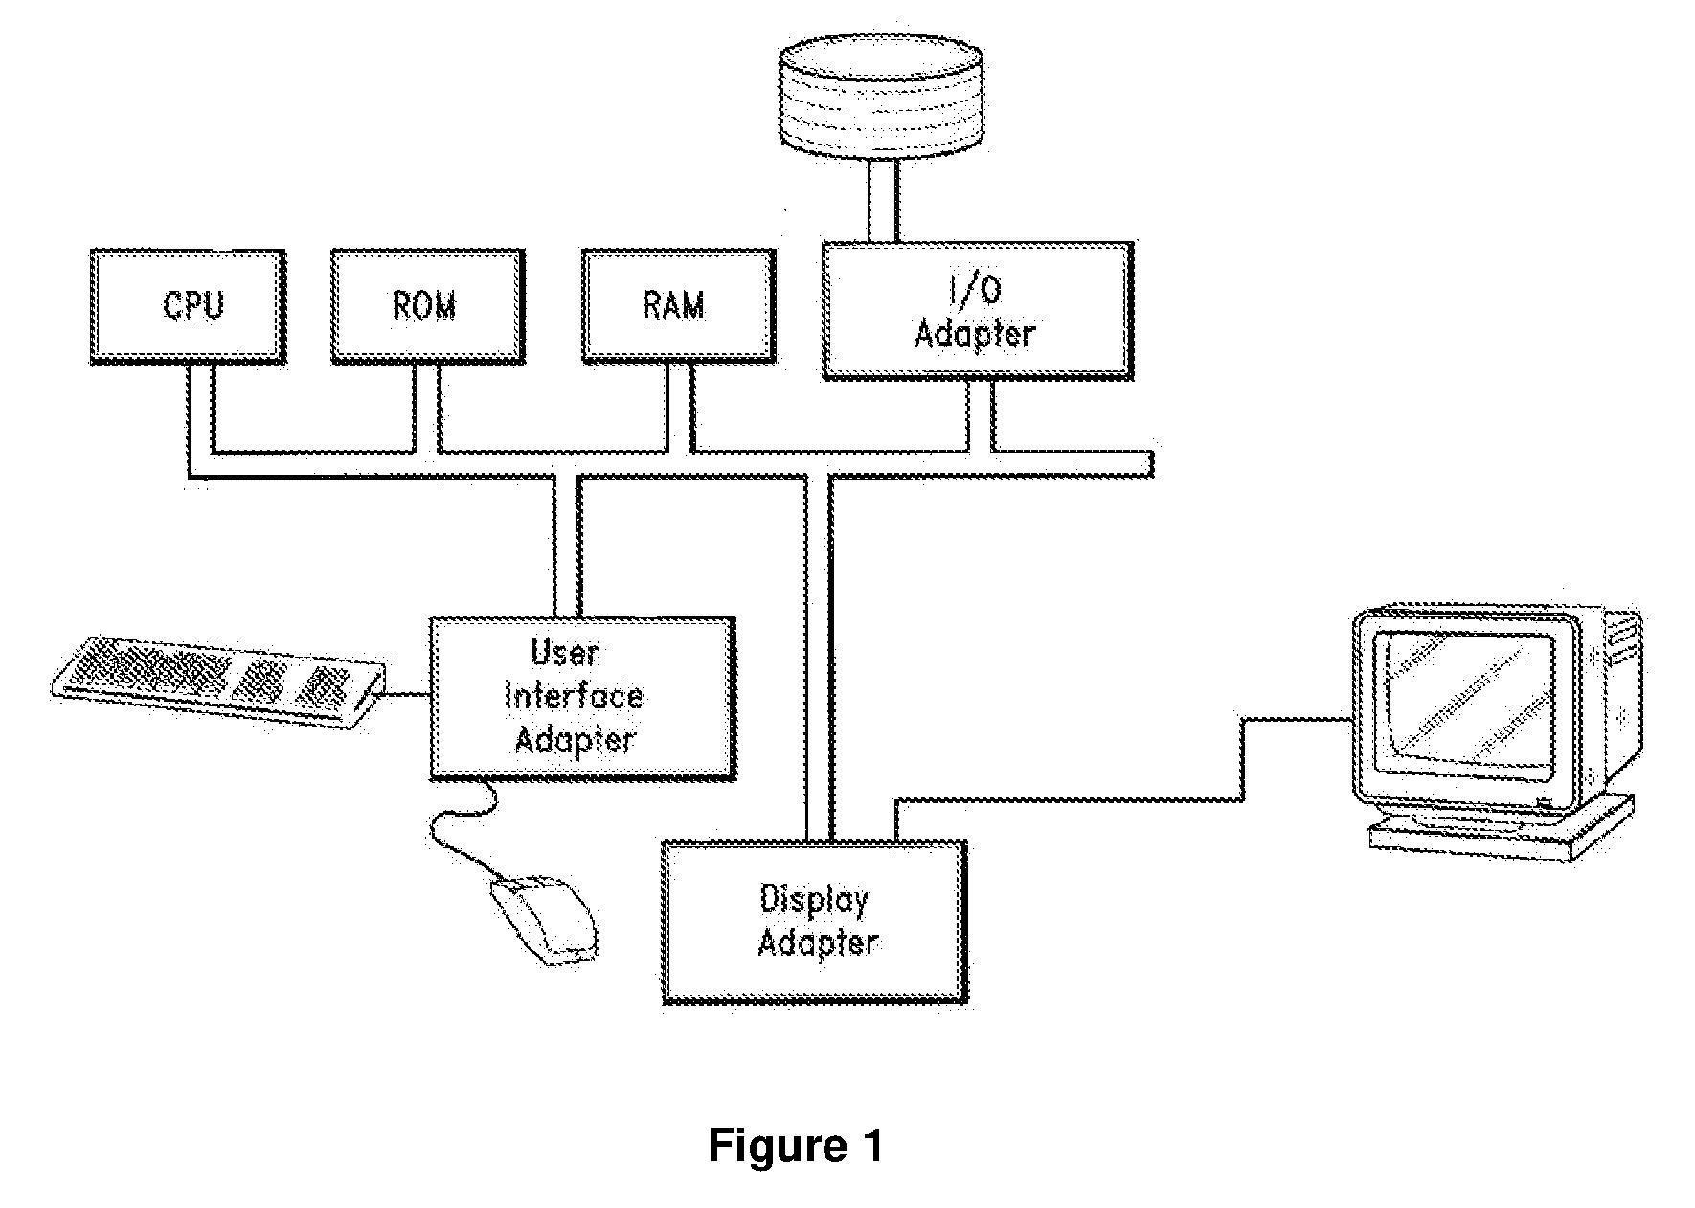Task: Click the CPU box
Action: (x=188, y=307)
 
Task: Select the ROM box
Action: (x=427, y=307)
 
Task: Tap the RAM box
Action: (x=678, y=307)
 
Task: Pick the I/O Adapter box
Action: (x=978, y=311)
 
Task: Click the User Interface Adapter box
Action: (x=582, y=697)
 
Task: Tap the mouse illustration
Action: (x=543, y=919)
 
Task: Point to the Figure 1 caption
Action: (x=796, y=1146)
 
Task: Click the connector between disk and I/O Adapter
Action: (x=883, y=200)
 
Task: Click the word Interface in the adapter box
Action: (x=574, y=696)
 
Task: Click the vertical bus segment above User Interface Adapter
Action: (x=567, y=546)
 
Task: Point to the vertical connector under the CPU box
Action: (x=200, y=419)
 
